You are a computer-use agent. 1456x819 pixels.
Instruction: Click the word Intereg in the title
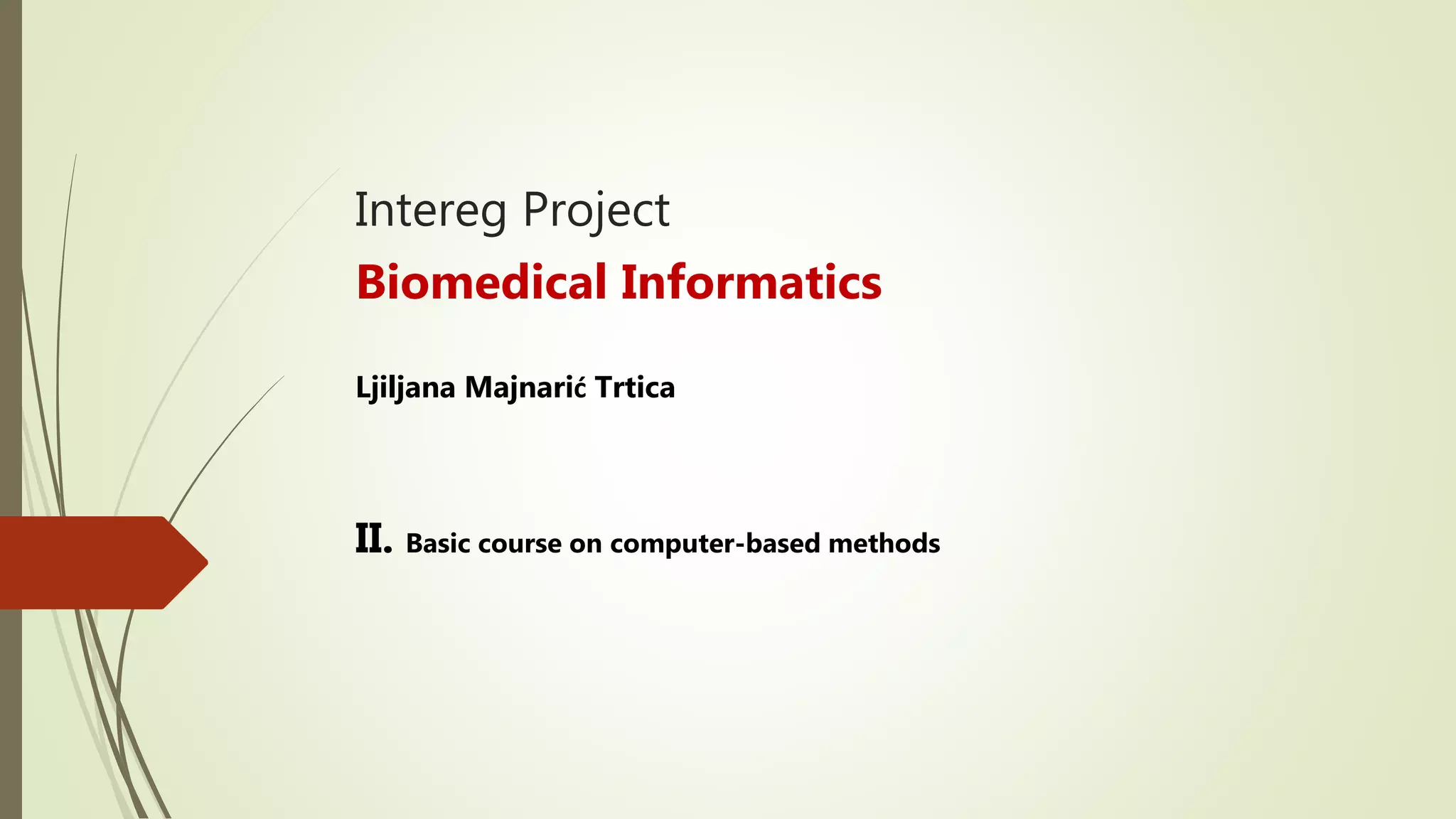pos(430,210)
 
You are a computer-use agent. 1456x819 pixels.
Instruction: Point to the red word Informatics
pos(751,282)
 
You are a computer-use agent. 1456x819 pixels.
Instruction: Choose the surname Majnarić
pos(525,388)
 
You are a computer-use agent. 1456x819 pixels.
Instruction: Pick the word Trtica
pos(635,388)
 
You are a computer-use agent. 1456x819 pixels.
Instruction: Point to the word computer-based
pos(714,544)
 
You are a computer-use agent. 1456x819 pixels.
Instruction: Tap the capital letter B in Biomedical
pos(371,282)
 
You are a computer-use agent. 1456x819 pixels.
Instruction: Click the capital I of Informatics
pos(628,282)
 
